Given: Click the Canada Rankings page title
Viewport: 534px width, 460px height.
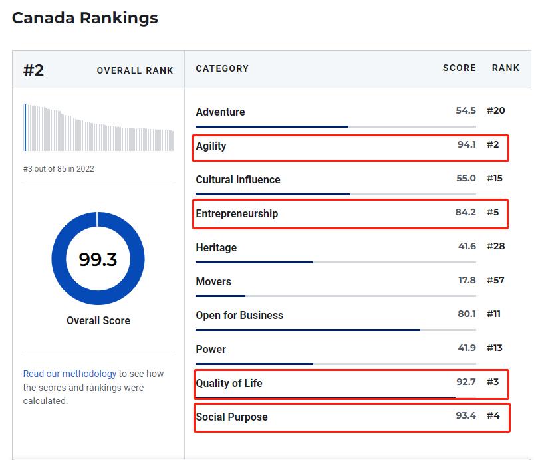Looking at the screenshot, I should [85, 18].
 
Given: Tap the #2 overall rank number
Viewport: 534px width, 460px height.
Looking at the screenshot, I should [33, 70].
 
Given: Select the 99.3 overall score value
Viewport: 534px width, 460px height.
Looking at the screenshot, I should [98, 259].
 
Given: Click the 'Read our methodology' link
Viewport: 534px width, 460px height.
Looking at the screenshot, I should [70, 374].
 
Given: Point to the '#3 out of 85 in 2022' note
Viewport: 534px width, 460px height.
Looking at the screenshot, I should [59, 169].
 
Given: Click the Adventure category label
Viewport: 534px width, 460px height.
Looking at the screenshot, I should [220, 112].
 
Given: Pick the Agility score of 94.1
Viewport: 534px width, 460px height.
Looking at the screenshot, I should [466, 144].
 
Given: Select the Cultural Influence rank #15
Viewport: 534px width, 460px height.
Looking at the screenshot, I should [495, 178].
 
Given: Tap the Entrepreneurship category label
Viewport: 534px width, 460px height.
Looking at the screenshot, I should [237, 213].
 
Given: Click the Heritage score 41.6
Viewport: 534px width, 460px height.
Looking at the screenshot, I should [467, 246].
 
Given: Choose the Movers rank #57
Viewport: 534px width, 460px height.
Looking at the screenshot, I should [495, 280].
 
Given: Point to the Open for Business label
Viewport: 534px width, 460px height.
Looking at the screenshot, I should [239, 315].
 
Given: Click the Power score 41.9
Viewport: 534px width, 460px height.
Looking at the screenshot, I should [467, 348].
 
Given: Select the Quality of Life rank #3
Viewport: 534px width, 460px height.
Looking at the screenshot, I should [493, 382].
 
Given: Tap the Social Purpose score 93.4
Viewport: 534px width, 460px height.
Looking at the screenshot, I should [466, 415].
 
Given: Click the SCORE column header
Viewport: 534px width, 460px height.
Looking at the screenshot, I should [460, 68].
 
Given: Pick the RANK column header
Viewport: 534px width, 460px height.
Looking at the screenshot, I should [505, 68].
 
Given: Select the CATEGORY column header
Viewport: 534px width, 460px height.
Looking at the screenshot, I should [222, 68].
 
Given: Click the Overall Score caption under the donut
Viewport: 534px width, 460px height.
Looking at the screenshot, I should [98, 320].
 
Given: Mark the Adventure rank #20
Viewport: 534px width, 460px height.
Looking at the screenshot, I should [495, 110].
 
